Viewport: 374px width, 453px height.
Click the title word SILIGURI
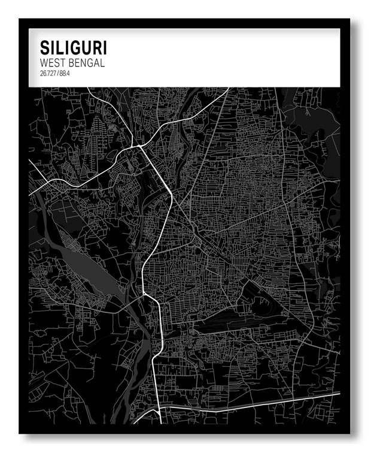pos(74,48)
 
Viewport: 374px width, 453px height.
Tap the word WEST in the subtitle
pos(51,63)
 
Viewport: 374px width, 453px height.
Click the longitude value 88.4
pos(65,74)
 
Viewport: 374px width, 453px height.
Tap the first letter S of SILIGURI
pos(44,48)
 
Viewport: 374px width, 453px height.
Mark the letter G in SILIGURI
pos(75,48)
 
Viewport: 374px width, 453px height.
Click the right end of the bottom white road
pos(339,399)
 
